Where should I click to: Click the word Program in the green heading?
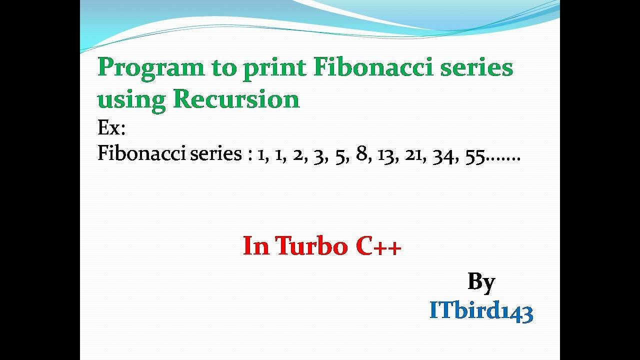(x=150, y=68)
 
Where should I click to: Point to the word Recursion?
(x=236, y=99)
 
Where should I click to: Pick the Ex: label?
(x=111, y=128)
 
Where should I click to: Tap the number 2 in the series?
(x=298, y=155)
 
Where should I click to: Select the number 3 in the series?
(x=317, y=155)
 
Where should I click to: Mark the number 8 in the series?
(x=361, y=154)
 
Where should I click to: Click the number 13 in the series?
(x=384, y=155)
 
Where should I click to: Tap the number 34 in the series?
(x=441, y=155)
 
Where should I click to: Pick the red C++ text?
(x=378, y=246)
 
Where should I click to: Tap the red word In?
(x=255, y=246)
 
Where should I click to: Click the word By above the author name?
(x=481, y=282)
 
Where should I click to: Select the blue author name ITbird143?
(x=481, y=311)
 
